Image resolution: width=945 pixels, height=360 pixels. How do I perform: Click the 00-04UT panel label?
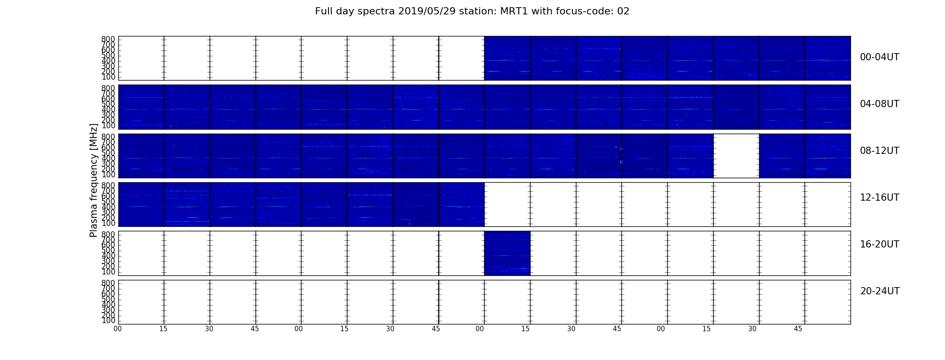click(x=879, y=57)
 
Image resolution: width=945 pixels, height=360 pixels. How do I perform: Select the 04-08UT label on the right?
click(x=879, y=104)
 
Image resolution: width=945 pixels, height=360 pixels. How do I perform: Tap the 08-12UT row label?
click(x=879, y=151)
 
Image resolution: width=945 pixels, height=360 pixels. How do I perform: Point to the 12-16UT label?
click(x=879, y=198)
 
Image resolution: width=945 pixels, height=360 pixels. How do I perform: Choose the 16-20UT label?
click(x=879, y=244)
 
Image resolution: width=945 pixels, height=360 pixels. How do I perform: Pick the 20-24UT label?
click(x=880, y=291)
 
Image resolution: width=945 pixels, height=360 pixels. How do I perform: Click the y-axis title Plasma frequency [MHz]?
click(x=94, y=180)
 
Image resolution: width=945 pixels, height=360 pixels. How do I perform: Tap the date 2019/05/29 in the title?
click(x=427, y=11)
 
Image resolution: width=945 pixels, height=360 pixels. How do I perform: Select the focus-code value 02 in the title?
click(x=623, y=11)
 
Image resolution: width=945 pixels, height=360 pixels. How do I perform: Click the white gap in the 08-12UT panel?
click(x=736, y=156)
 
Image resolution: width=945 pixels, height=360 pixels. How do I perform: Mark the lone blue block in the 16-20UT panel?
click(x=507, y=253)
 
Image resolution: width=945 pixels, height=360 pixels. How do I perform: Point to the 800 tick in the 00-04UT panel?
click(x=108, y=39)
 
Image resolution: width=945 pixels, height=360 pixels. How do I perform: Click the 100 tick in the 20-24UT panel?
click(x=108, y=320)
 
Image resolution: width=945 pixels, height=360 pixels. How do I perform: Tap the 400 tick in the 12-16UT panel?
click(x=108, y=207)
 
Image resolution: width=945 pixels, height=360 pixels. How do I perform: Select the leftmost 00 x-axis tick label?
click(x=117, y=329)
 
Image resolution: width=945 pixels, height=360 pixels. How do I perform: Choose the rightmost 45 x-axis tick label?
click(x=798, y=329)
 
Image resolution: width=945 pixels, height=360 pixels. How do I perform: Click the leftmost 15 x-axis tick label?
click(x=163, y=329)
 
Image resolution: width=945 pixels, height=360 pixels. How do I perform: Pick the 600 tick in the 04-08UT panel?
click(x=108, y=99)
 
